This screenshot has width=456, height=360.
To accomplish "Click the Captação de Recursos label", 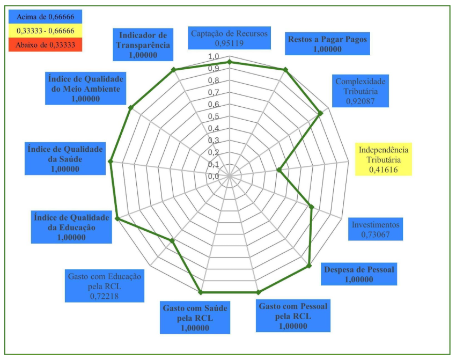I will tap(229, 38).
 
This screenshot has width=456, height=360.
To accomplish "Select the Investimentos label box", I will tap(376, 229).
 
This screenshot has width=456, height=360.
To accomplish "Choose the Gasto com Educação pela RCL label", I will tap(104, 285).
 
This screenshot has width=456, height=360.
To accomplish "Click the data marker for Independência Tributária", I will tap(279, 170).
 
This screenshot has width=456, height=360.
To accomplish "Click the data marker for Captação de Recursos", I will tap(230, 62).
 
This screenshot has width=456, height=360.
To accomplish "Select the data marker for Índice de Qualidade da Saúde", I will tap(111, 161).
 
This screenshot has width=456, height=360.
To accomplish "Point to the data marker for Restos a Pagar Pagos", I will tap(285, 70).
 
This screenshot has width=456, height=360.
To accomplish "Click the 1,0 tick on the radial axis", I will tap(214, 57).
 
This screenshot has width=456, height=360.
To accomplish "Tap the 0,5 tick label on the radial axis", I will tap(214, 116).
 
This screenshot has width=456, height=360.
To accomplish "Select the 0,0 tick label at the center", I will tap(214, 176).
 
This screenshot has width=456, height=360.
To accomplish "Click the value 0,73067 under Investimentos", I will tap(376, 234).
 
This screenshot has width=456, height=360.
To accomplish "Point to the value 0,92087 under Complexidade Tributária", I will tap(361, 100).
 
